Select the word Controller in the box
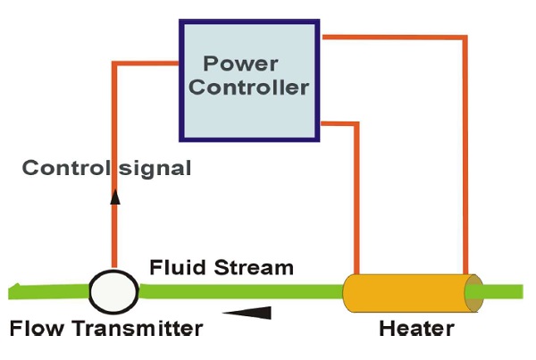[x=249, y=88]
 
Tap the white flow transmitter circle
[x=113, y=289]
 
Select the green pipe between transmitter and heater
[x=241, y=289]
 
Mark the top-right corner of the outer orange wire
[x=465, y=38]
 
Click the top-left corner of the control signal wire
[x=114, y=63]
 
